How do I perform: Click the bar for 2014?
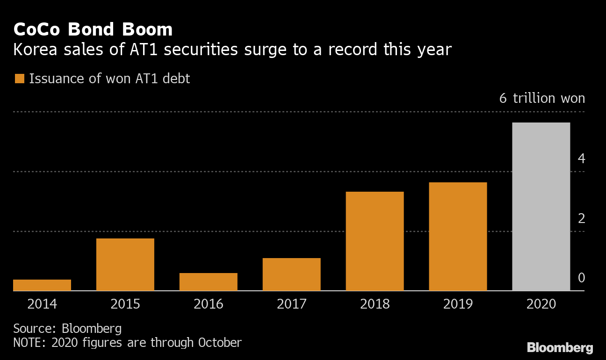pos(42,285)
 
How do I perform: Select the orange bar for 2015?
pos(125,265)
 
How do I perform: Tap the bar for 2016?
pos(209,282)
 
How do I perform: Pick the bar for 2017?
pos(291,274)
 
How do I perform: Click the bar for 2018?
pos(375,241)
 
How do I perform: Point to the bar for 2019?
pos(458,237)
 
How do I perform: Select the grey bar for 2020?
pos(541,207)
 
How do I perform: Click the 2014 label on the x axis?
pos(42,304)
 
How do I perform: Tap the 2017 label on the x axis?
pos(291,304)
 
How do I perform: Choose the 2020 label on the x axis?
pos(541,304)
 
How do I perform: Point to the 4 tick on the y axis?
pos(581,159)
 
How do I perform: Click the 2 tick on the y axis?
pos(581,218)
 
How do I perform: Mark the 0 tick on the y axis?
pos(581,278)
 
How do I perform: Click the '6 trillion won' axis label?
pos(542,99)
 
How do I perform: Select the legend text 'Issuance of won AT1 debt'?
pos(109,79)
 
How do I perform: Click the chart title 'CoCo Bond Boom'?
pos(93,29)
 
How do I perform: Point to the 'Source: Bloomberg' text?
pos(67,328)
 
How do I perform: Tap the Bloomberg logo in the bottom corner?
pos(560,348)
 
